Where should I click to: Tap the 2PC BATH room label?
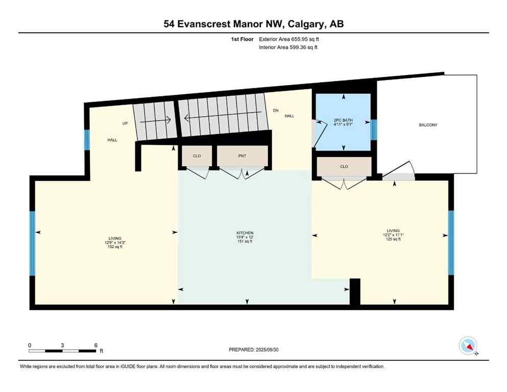343,121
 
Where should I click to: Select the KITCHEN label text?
245,233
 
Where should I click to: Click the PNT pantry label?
243,156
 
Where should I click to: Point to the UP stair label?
124,124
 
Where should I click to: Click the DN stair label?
276,110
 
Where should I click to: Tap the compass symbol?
468,346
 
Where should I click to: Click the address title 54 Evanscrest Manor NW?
253,23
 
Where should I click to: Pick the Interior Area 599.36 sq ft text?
288,47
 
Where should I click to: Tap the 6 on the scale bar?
95,345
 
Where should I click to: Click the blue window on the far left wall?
32,243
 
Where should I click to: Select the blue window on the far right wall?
451,242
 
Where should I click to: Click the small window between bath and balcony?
373,130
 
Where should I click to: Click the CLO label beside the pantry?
197,156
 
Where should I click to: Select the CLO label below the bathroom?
344,166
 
